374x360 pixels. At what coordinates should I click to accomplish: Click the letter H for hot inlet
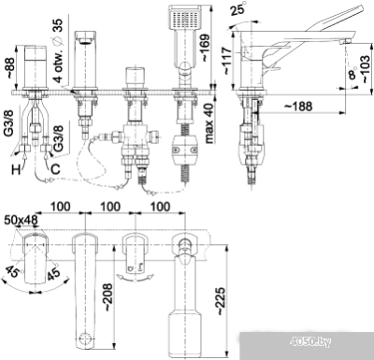coord(14,171)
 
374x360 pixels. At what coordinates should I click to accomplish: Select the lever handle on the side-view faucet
coord(322,21)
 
